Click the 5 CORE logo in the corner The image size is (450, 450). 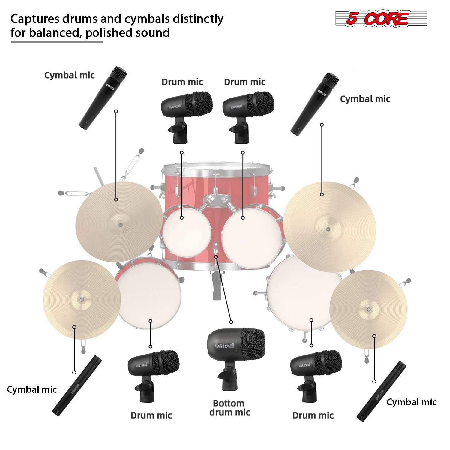(x=381, y=19)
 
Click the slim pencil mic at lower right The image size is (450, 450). (x=381, y=391)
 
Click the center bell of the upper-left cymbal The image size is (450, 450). (x=120, y=224)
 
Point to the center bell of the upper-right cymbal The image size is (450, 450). (x=328, y=229)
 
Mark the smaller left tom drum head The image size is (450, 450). (x=187, y=231)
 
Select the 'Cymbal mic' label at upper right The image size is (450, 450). (x=365, y=99)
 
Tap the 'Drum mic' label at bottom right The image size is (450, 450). (x=313, y=415)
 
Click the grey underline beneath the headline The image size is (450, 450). (x=57, y=42)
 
